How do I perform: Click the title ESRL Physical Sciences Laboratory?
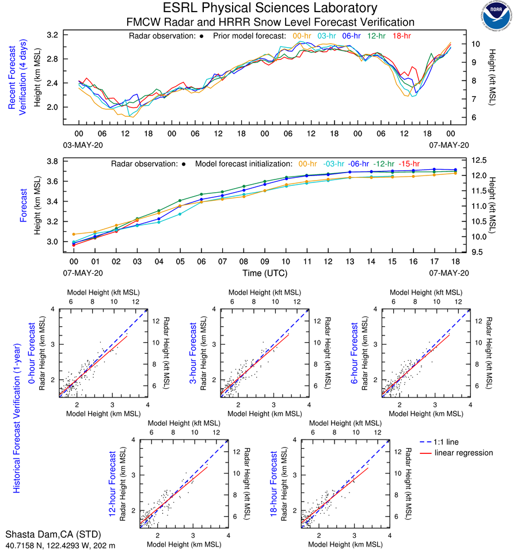(x=270, y=8)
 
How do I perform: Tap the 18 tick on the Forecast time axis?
(x=455, y=261)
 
